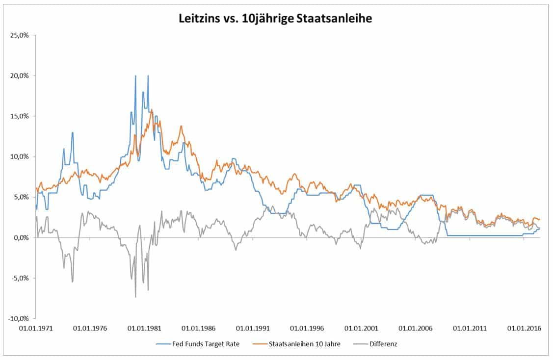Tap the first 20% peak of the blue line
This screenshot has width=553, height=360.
click(x=135, y=76)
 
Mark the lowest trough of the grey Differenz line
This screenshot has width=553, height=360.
click(x=135, y=297)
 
